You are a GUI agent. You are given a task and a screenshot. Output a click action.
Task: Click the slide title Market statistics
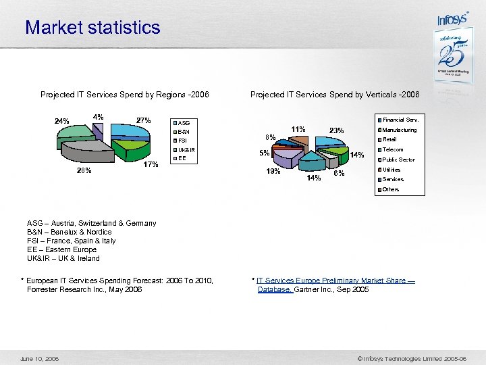click(x=92, y=28)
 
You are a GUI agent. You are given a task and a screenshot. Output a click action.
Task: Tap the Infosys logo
click(x=452, y=19)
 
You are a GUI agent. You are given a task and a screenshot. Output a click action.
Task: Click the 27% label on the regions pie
click(x=143, y=120)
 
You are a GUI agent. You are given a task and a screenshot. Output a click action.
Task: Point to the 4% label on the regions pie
click(x=99, y=116)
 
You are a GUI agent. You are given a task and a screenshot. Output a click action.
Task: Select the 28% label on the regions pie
click(x=84, y=170)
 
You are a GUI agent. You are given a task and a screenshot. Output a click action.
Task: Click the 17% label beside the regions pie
click(x=151, y=164)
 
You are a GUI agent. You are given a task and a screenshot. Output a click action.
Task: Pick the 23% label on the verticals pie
click(x=336, y=130)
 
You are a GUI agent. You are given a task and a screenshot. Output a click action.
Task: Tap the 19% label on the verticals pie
click(x=273, y=172)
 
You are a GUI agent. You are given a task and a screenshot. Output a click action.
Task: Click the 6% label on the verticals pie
click(x=339, y=173)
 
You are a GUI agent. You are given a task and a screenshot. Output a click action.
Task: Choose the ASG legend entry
click(x=184, y=123)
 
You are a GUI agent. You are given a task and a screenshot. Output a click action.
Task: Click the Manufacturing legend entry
click(x=400, y=130)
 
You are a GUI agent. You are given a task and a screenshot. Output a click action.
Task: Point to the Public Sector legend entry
click(x=398, y=160)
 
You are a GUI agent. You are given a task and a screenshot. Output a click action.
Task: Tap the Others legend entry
click(x=391, y=189)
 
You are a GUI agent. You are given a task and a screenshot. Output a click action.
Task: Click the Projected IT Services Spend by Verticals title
click(x=335, y=95)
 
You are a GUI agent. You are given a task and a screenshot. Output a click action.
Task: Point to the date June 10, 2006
click(x=40, y=358)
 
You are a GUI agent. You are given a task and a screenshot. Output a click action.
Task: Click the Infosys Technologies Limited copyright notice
click(x=416, y=358)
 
